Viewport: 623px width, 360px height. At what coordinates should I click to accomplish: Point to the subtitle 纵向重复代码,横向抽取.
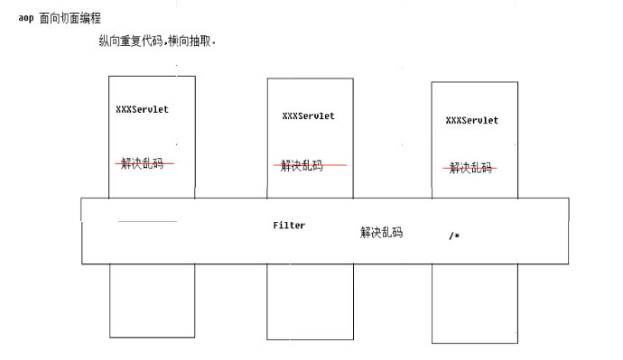pos(157,42)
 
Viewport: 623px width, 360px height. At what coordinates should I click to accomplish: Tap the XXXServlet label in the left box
pos(142,109)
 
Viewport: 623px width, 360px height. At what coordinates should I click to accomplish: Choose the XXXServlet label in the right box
pos(471,119)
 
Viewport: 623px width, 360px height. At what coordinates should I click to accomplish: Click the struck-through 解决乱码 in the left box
pos(144,163)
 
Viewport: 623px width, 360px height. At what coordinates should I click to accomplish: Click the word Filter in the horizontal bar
pos(289,226)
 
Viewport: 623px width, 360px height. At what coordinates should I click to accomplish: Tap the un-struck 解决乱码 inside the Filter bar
pos(381,233)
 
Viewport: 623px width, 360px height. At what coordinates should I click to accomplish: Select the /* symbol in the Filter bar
pos(454,235)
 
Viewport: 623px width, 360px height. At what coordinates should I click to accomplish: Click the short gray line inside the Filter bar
pos(147,221)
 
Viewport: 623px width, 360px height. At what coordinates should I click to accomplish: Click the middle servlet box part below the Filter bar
pos(309,301)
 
